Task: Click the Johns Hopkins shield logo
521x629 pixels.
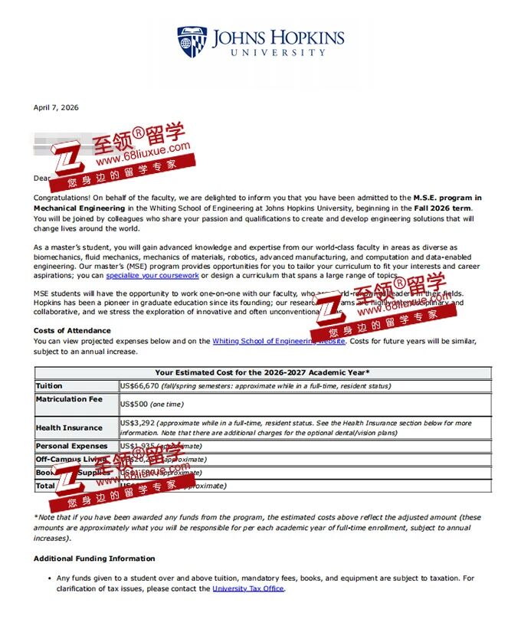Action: pos(192,42)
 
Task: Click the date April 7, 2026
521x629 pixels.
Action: pos(56,107)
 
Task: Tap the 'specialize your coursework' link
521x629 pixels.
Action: pos(152,275)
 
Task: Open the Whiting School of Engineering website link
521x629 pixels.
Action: pos(278,341)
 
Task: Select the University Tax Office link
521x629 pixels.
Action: pos(248,588)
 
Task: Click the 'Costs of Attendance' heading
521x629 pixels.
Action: pos(72,331)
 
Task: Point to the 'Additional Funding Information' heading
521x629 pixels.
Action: pos(94,559)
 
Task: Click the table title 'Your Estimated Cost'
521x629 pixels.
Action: pos(262,372)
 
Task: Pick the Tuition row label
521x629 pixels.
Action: pos(49,386)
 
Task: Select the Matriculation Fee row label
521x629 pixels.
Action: pos(69,399)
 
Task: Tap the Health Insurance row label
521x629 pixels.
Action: pos(69,428)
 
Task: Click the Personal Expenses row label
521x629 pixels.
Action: pos(72,446)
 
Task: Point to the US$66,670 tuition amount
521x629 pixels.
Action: pos(139,386)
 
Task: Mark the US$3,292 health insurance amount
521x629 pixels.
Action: pos(137,423)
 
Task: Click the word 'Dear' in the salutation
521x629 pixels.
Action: pos(41,178)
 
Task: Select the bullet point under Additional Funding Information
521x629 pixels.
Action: pos(49,578)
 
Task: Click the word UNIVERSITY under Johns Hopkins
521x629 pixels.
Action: pos(278,53)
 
